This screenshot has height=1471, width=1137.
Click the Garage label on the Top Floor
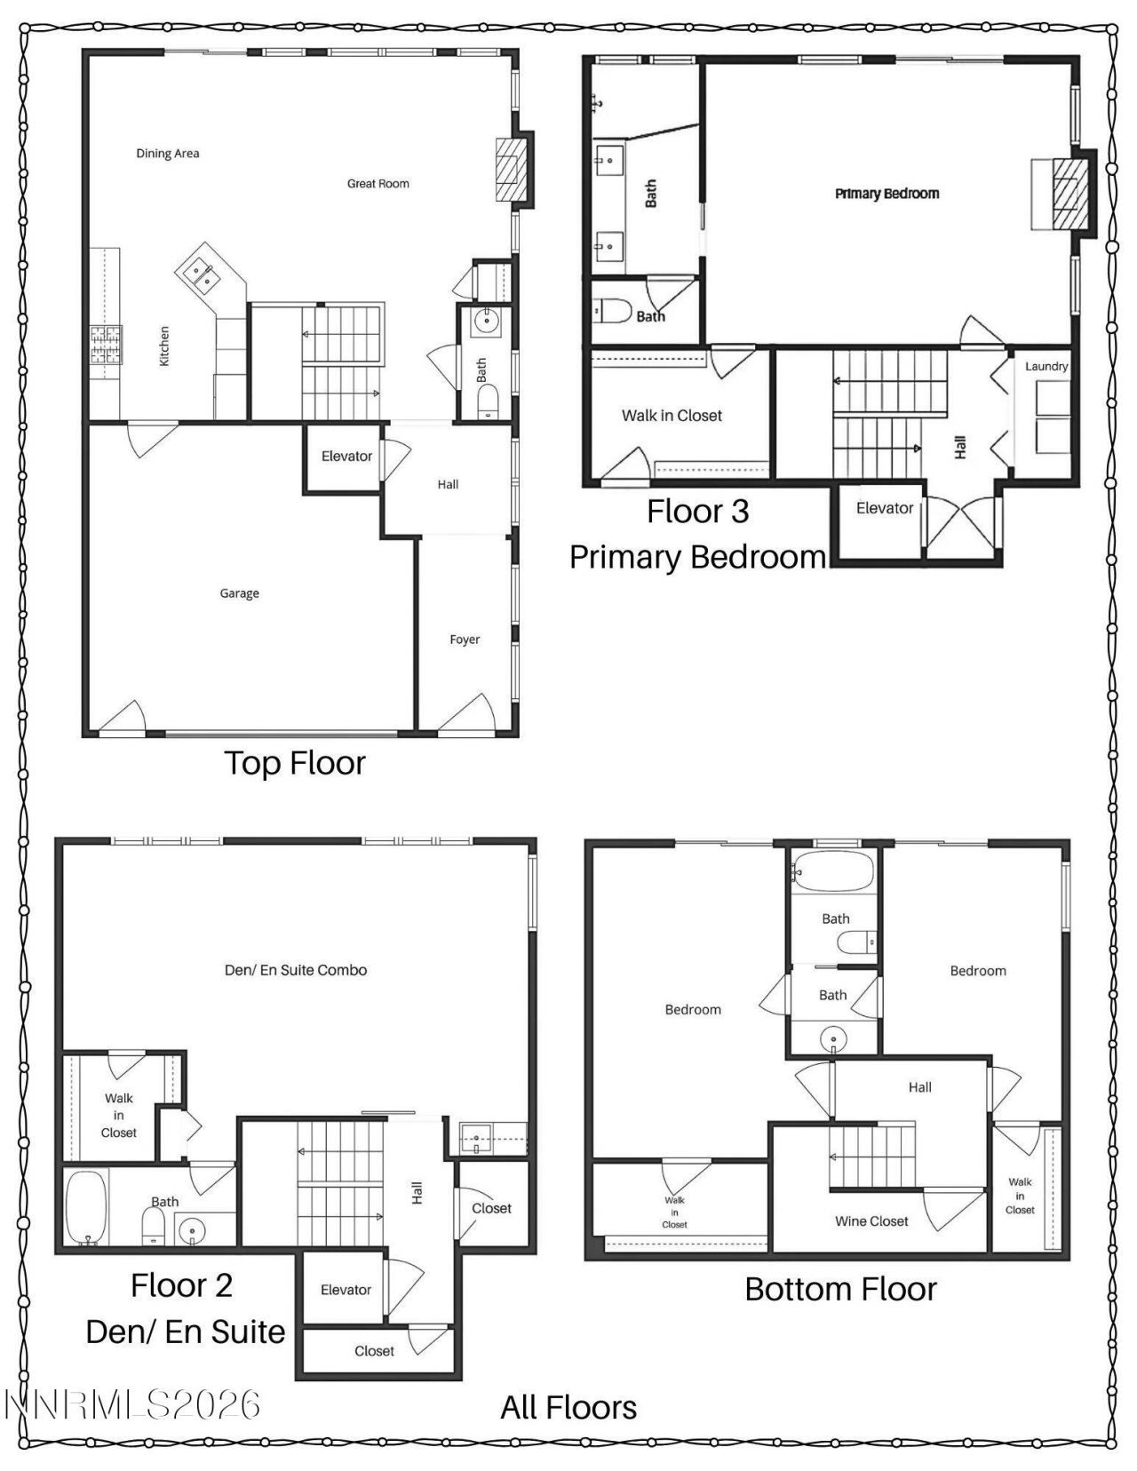coord(239,593)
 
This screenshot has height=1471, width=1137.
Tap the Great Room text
coord(378,184)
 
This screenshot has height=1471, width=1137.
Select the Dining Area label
coord(167,154)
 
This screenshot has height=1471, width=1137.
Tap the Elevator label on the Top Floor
coord(346,456)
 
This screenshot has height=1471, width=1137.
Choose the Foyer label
coord(465,640)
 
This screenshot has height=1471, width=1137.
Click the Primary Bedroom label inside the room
coord(887,194)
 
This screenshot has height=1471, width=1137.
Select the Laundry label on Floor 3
coord(1046,366)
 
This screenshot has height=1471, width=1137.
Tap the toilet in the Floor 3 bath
coord(612,311)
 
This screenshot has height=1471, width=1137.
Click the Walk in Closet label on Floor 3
coord(672,415)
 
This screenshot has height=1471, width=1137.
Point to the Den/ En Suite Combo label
coord(296,970)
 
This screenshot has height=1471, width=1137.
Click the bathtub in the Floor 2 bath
coord(86,1206)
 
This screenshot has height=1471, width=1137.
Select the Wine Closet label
coord(871,1221)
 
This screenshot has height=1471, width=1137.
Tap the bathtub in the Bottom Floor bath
coord(833,871)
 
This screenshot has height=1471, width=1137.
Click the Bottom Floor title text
coord(840,1289)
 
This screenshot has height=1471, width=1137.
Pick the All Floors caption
coord(568,1407)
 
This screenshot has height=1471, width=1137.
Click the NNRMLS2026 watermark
coord(133,1405)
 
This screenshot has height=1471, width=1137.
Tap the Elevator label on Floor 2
coord(346,1290)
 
